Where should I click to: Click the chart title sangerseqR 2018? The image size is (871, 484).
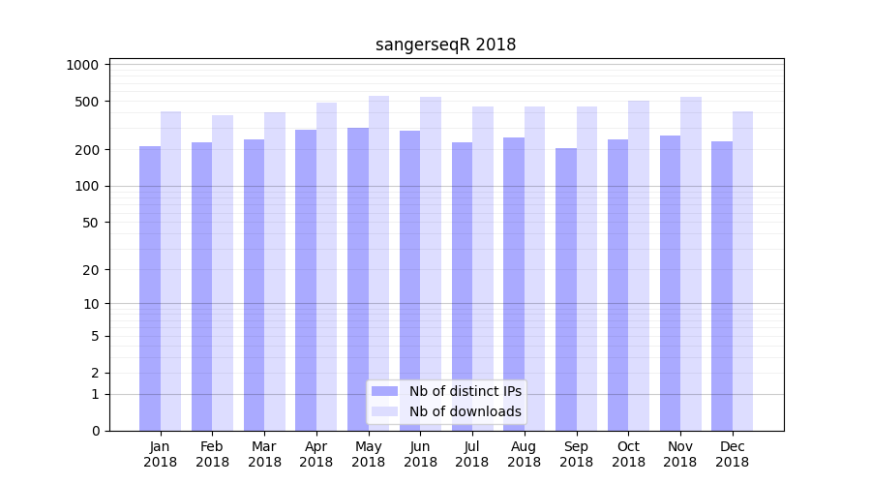click(445, 45)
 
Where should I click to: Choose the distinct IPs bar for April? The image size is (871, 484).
click(306, 280)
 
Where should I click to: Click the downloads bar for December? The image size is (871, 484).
click(742, 271)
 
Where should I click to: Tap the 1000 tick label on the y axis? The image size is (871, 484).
click(83, 65)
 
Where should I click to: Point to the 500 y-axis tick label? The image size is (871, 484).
click(87, 102)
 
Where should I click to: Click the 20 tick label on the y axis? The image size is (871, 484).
click(91, 270)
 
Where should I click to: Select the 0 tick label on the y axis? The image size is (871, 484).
click(95, 431)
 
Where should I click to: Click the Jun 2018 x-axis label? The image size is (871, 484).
click(420, 454)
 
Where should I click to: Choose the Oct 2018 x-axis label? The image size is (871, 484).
click(628, 454)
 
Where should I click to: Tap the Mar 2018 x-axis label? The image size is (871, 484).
click(264, 454)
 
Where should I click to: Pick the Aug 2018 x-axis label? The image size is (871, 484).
click(524, 454)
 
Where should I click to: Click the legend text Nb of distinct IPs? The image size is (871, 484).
click(465, 391)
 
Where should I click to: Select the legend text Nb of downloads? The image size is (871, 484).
click(465, 411)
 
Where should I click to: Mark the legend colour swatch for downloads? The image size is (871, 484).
click(384, 411)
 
